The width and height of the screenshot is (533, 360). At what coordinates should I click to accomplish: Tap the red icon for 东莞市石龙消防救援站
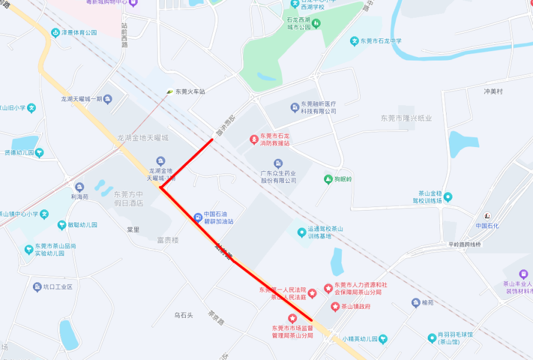(x=254, y=139)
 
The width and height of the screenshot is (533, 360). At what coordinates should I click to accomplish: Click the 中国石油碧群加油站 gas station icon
(x=197, y=218)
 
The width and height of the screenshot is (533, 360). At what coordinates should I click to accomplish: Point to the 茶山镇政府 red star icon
(x=335, y=306)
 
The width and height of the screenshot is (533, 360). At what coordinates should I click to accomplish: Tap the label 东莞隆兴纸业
(x=406, y=118)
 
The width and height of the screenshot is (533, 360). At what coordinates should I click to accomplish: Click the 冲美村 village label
(x=493, y=91)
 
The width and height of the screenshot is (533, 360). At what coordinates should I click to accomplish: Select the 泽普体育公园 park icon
(x=55, y=33)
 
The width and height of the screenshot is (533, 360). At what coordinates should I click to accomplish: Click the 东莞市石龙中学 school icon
(x=354, y=41)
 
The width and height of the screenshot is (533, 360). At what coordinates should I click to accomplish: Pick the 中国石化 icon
(x=487, y=216)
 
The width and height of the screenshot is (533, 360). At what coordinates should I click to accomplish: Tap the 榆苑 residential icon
(x=415, y=303)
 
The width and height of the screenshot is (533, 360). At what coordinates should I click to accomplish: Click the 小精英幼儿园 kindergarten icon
(x=384, y=339)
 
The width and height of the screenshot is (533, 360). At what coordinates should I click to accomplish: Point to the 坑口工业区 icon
(x=37, y=287)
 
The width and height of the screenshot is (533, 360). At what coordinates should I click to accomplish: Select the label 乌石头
(x=183, y=316)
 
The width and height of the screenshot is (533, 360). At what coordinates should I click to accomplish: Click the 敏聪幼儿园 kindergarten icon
(x=62, y=225)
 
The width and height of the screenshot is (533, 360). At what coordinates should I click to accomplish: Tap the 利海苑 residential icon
(x=79, y=187)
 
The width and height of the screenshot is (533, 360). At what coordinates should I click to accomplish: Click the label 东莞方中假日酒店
(x=129, y=198)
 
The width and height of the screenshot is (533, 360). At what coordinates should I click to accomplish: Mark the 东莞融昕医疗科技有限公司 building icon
(x=295, y=107)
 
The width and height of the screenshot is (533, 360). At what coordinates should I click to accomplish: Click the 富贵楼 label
(x=168, y=240)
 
